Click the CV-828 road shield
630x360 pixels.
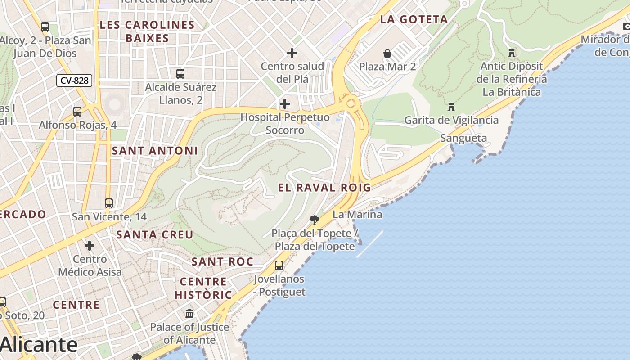point(74,81)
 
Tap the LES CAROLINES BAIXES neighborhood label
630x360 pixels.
point(147,31)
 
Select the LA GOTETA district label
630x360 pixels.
point(414,19)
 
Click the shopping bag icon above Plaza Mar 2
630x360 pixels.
point(387,54)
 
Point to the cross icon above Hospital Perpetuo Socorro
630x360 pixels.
point(285,104)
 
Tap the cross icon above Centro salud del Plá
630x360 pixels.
point(292,53)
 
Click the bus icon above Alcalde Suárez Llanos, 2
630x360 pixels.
point(180,73)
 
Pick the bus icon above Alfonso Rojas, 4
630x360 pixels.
point(77,111)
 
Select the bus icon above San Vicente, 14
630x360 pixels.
point(109,203)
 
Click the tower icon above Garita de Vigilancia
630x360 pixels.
point(451,107)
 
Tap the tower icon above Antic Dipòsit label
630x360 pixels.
point(512,53)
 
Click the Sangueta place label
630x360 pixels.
point(463,138)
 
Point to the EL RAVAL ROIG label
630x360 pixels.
point(324,188)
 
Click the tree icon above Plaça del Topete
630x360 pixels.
point(315,220)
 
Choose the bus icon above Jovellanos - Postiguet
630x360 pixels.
point(279,265)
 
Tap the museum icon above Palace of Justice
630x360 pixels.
point(189,313)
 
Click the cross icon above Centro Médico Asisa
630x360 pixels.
point(90,246)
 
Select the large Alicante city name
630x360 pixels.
point(39,345)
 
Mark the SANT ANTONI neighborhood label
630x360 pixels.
point(155,151)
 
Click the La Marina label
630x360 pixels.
point(357,215)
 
